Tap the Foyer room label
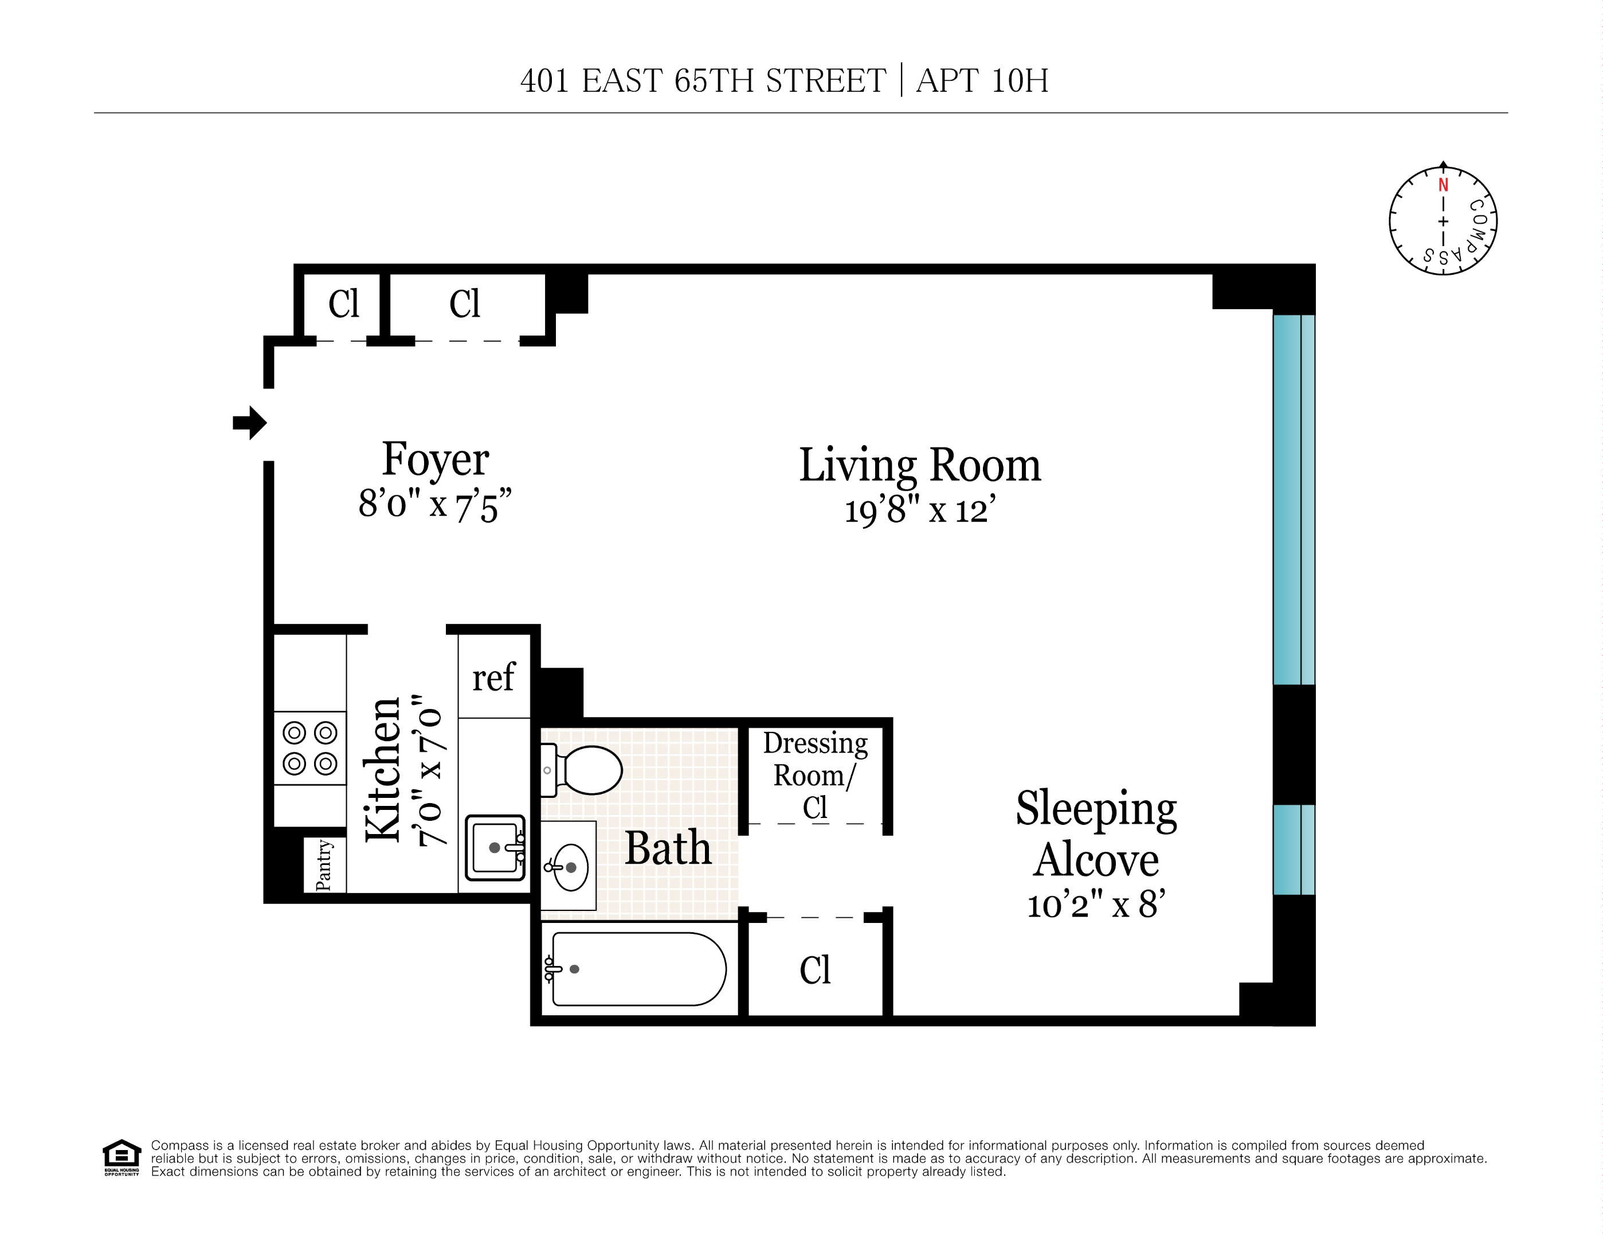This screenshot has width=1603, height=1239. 435,460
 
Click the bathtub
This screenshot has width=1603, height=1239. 637,969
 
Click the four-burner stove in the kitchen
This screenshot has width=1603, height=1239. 309,747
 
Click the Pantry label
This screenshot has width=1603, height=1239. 324,865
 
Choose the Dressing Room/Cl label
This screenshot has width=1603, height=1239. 815,775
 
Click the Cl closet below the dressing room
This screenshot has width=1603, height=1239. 815,969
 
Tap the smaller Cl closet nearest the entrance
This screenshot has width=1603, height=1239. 343,303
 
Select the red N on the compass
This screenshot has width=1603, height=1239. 1443,185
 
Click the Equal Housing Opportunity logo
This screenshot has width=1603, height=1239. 121,1158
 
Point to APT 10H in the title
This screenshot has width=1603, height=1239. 982,81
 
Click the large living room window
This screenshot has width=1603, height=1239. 1294,500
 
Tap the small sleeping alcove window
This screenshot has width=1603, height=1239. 1294,850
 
